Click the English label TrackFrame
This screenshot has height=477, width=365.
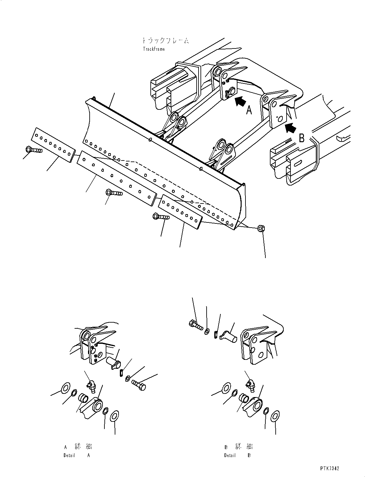pos(154,49)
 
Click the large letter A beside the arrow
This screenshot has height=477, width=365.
pos(249,111)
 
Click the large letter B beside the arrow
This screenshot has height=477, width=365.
pos(302,138)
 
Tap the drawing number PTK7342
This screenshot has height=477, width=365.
pos(329,468)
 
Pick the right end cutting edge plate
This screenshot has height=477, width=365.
pos(181,211)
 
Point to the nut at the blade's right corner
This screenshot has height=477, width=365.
pos(261,229)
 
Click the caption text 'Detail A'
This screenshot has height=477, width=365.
pos(77,455)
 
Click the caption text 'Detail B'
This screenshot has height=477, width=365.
pos(237,455)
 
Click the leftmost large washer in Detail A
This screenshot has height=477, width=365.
pos(65,388)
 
